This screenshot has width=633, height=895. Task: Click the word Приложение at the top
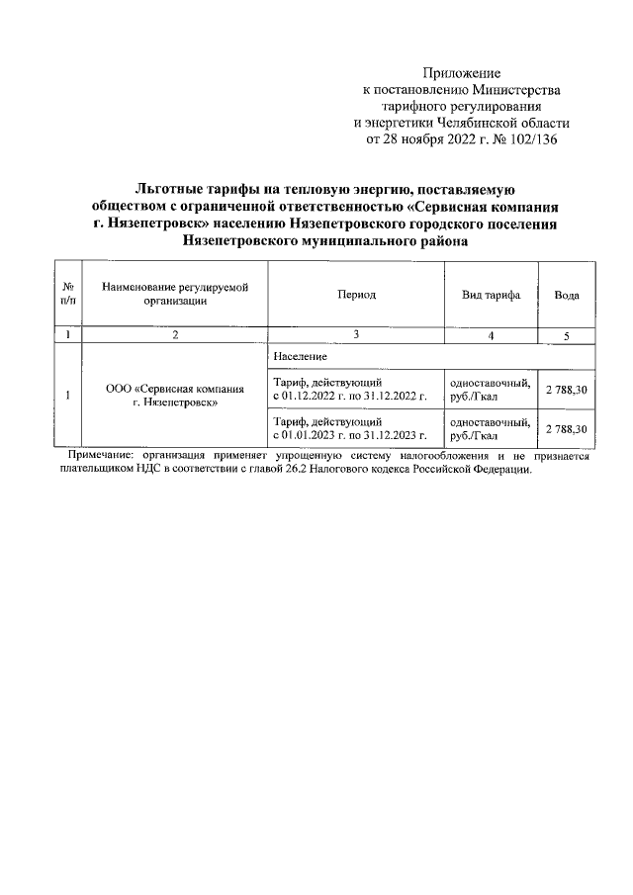(462, 73)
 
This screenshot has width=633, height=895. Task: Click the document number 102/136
(530, 139)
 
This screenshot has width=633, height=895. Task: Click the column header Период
(355, 295)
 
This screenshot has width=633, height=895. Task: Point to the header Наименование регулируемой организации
(175, 295)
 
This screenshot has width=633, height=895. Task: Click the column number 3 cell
(355, 335)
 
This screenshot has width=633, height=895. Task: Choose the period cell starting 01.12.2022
(349, 390)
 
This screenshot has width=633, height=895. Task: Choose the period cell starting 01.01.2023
(349, 427)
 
